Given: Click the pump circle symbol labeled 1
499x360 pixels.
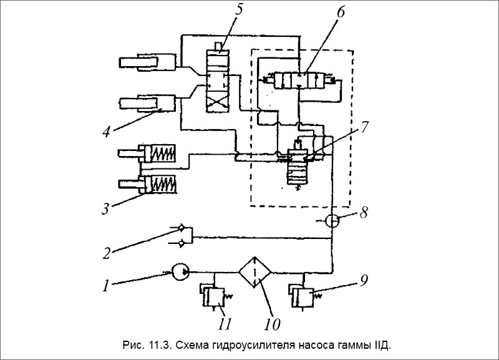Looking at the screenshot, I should [182, 272].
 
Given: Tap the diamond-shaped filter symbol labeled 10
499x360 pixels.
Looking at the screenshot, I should [254, 272].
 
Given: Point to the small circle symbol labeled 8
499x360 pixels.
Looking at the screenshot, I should [332, 221].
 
